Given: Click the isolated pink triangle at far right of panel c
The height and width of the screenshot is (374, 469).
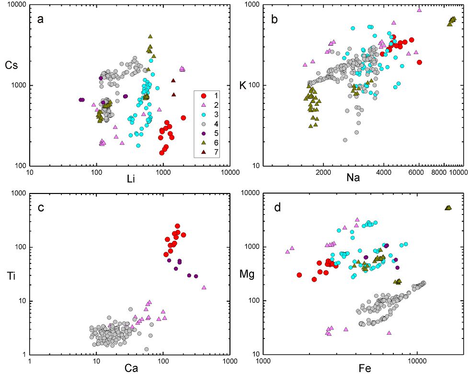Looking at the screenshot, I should [x=204, y=287].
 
